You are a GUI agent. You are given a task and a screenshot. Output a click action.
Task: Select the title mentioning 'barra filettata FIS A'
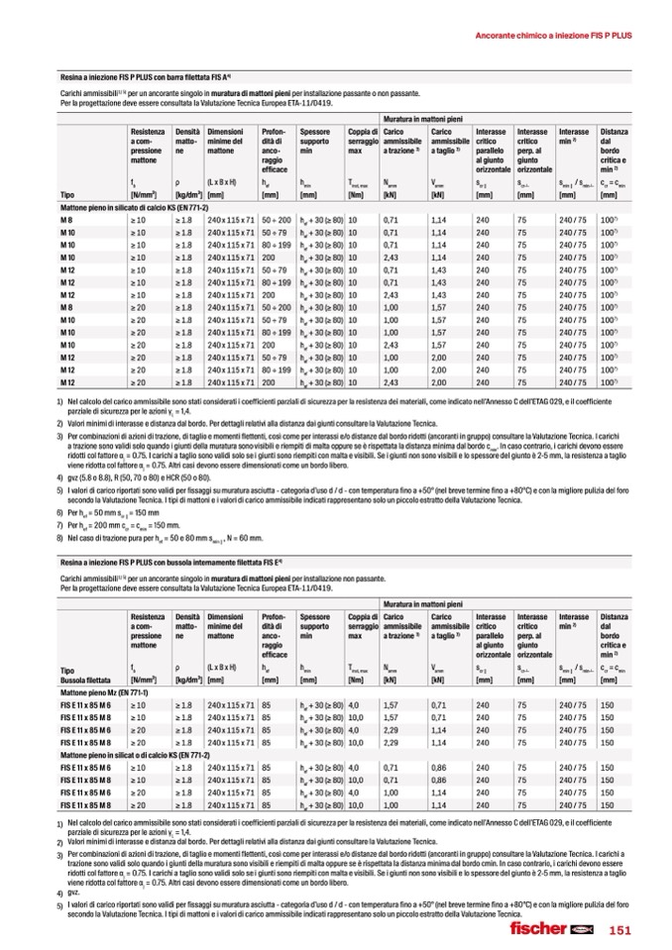pyautogui.click(x=145, y=76)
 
